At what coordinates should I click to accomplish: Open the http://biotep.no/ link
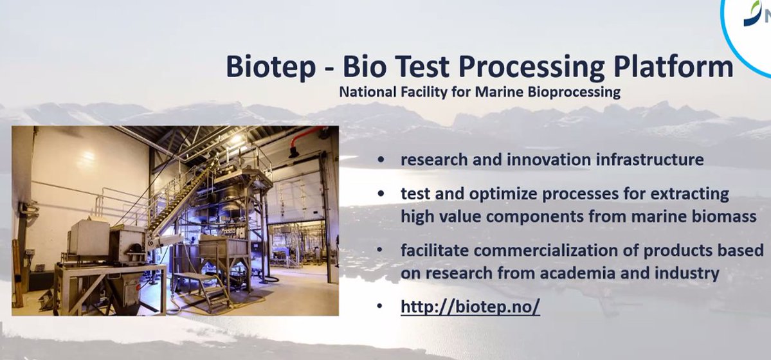(470, 307)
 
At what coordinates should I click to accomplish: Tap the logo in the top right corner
(756, 16)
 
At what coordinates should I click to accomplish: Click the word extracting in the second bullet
(689, 194)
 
